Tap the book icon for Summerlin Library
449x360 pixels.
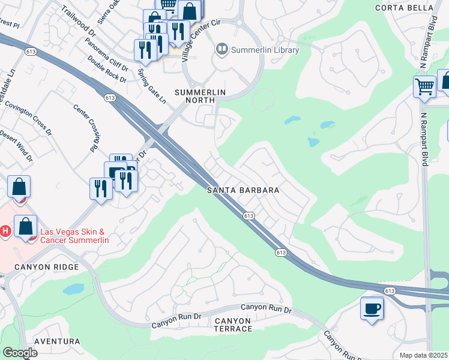coord(222,50)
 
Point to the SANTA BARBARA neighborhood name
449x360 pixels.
coord(243,190)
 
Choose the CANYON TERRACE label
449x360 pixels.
coord(233,325)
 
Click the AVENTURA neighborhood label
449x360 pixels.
coord(57,341)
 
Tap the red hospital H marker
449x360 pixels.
coord(5,231)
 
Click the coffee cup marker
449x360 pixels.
coord(372,308)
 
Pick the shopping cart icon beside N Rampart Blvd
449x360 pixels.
coord(424,86)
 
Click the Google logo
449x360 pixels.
coord(20,352)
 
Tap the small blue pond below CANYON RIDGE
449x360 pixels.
coord(74,289)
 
